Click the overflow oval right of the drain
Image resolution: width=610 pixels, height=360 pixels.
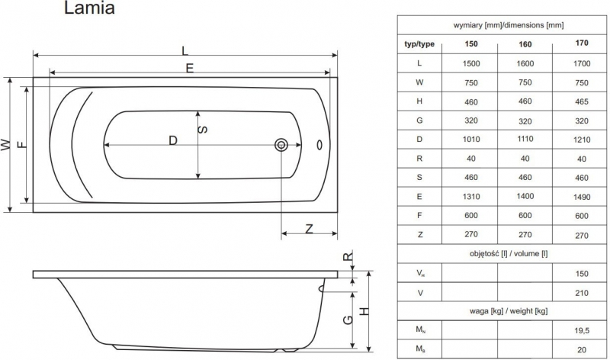coord(319,145)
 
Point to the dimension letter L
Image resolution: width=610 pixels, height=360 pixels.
coord(186,50)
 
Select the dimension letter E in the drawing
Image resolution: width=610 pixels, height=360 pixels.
coord(189,68)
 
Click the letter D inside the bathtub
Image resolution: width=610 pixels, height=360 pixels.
coord(173,140)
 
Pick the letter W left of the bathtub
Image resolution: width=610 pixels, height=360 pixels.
coord(7,144)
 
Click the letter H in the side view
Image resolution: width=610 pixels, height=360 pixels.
coord(364,311)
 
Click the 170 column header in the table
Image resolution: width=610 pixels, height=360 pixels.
coord(581,43)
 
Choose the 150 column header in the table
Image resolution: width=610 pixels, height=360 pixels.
coord(471,43)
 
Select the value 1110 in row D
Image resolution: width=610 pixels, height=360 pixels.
coord(525,140)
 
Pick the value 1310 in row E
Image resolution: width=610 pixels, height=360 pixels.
coord(471,196)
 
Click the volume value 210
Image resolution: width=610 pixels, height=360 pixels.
coord(581,291)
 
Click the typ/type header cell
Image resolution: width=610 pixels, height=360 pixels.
coord(419,43)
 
